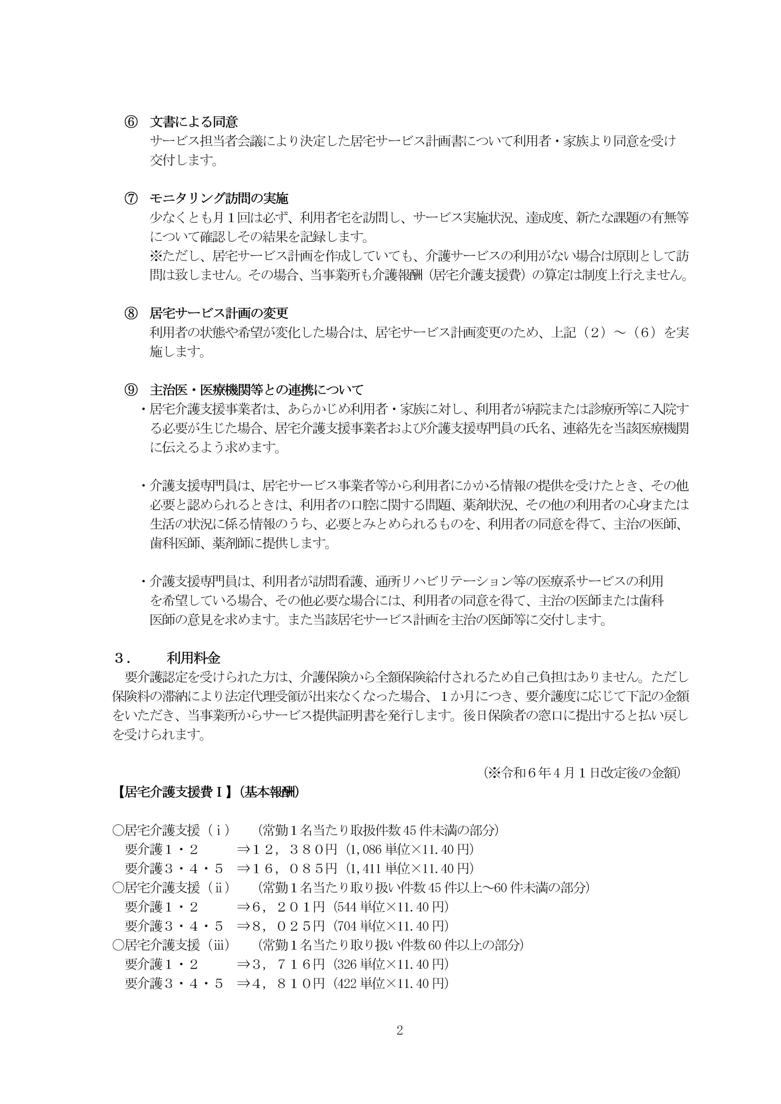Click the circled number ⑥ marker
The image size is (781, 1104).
131,122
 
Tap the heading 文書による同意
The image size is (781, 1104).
194,122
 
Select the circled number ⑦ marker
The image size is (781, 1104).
131,198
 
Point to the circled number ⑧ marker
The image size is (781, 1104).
131,313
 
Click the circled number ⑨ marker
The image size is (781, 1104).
131,389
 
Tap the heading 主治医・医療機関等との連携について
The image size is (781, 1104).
256,389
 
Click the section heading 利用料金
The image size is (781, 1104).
193,658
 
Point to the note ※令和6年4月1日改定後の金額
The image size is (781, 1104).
582,773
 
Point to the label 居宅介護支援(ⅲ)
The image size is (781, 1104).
171,945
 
